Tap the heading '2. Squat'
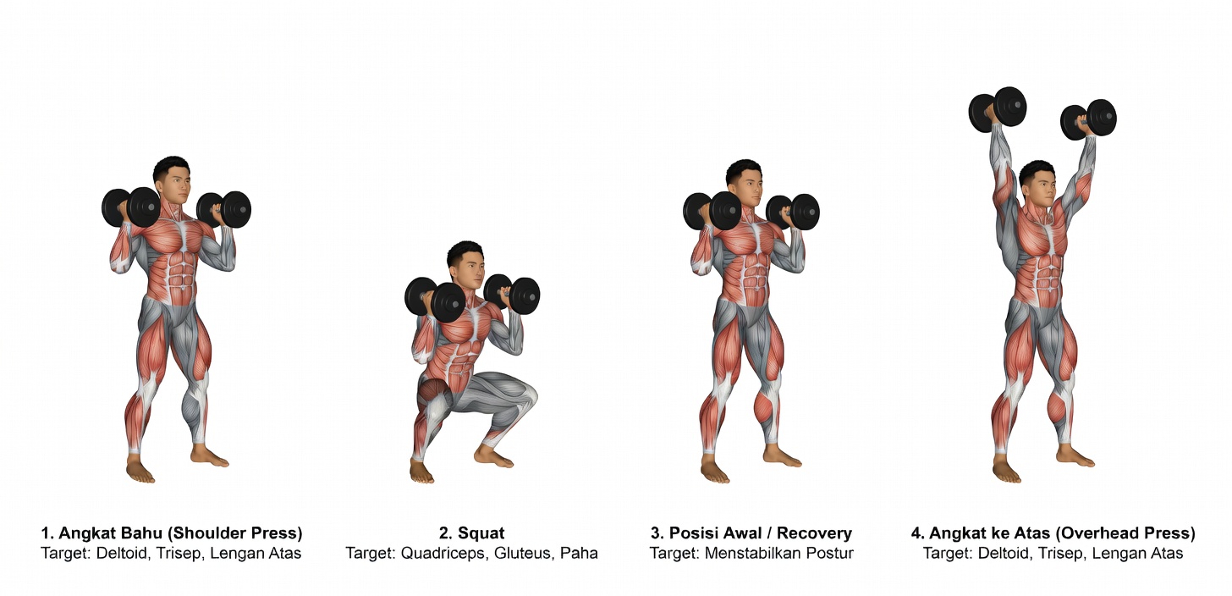point(472,533)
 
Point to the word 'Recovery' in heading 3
point(814,533)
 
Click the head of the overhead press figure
point(1038,185)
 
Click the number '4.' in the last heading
point(917,533)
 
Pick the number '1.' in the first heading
point(47,533)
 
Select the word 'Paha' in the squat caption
point(579,553)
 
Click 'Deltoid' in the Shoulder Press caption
point(122,553)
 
